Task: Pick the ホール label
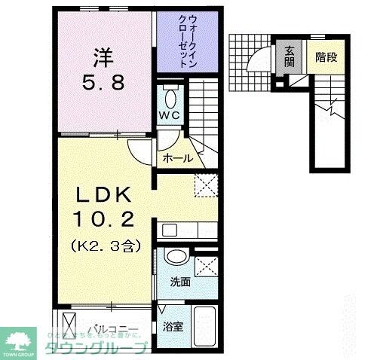[178, 158]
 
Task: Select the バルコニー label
[113, 329]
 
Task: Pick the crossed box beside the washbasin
[205, 265]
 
